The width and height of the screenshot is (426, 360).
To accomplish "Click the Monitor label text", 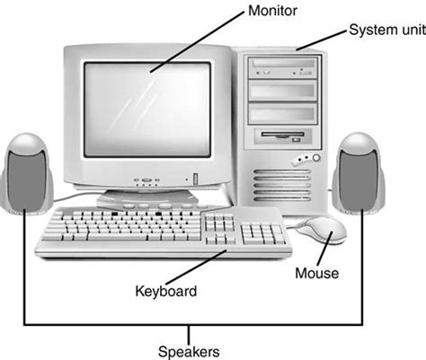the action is point(272,11).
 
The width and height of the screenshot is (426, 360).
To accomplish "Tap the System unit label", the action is point(387,30).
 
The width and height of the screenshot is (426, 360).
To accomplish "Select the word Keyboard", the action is point(166,291).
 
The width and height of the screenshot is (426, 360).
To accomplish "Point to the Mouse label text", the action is point(317,273).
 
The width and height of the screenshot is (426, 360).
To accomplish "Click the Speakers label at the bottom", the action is point(189,352).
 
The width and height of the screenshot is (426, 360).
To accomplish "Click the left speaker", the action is point(27,174).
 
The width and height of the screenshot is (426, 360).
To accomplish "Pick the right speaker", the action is point(359,173).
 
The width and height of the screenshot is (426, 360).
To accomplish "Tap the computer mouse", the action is point(321,230).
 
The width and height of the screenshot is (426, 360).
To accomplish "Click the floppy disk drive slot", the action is point(282,135).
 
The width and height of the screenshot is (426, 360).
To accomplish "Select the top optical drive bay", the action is point(283,67).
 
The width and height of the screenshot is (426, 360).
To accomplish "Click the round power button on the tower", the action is point(316,157).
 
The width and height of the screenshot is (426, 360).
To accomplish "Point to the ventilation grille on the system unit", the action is point(282,186).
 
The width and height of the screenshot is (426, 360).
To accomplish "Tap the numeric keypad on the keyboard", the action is point(263,234).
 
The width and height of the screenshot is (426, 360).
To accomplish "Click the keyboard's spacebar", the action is point(118,237).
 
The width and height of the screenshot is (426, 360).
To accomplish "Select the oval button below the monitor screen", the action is point(146,180).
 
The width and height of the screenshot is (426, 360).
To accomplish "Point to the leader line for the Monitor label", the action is point(197,42).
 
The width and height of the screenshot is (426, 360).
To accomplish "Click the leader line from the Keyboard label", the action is point(196,267).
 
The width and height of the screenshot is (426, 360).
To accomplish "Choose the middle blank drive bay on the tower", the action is point(283,91).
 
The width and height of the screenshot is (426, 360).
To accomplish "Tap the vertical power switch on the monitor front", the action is point(196,179).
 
